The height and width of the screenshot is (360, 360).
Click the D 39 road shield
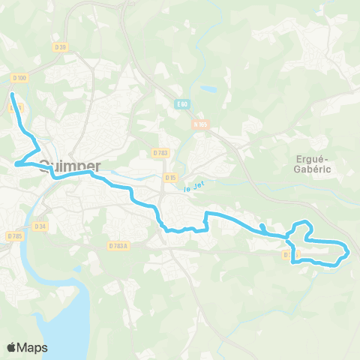click(61, 47)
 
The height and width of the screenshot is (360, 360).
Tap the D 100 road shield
click(20, 77)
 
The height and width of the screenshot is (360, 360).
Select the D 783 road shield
click(160, 152)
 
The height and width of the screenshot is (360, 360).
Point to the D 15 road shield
click(170, 178)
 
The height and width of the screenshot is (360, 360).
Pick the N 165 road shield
click(199, 124)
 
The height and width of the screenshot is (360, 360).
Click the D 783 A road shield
click(118, 244)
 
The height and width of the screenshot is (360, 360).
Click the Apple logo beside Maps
click(11, 347)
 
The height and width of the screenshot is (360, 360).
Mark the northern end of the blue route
click(12, 94)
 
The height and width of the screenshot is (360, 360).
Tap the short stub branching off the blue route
click(261, 226)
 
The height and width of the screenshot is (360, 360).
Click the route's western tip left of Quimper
click(15, 163)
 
